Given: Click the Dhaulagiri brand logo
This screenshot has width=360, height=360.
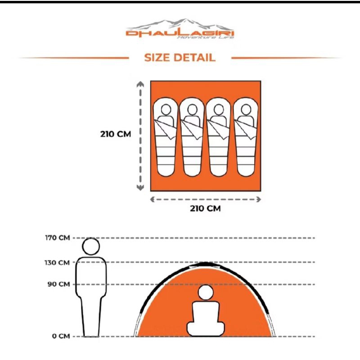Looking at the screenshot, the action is pyautogui.click(x=180, y=30).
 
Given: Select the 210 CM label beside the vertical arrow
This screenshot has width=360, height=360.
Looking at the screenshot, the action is pyautogui.click(x=116, y=134).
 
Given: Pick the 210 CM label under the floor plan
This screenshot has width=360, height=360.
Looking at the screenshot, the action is pyautogui.click(x=206, y=208).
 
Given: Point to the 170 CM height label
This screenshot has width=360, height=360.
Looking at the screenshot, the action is pyautogui.click(x=58, y=238).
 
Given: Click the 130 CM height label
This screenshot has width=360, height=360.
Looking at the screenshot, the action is pyautogui.click(x=58, y=262).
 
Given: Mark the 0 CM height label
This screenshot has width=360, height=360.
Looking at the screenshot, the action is pyautogui.click(x=61, y=336).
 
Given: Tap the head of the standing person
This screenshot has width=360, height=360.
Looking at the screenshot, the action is pyautogui.click(x=91, y=247).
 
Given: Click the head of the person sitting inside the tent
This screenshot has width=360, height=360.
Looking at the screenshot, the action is pyautogui.click(x=206, y=293).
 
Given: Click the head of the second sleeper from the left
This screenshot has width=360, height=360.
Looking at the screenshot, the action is pyautogui.click(x=192, y=109).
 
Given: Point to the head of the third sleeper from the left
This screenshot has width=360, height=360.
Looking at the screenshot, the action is pyautogui.click(x=219, y=109).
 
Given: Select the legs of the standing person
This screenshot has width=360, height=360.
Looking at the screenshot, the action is pyautogui.click(x=91, y=315).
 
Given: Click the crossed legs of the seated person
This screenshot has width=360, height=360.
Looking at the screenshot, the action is pyautogui.click(x=206, y=329).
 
